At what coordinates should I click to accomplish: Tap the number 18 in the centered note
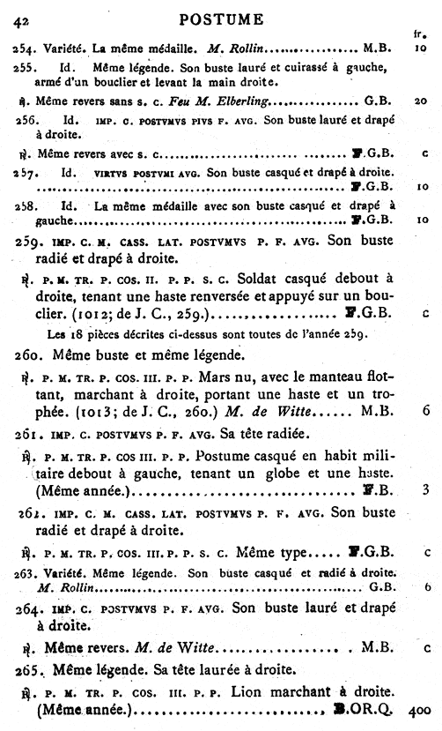(x=77, y=336)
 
